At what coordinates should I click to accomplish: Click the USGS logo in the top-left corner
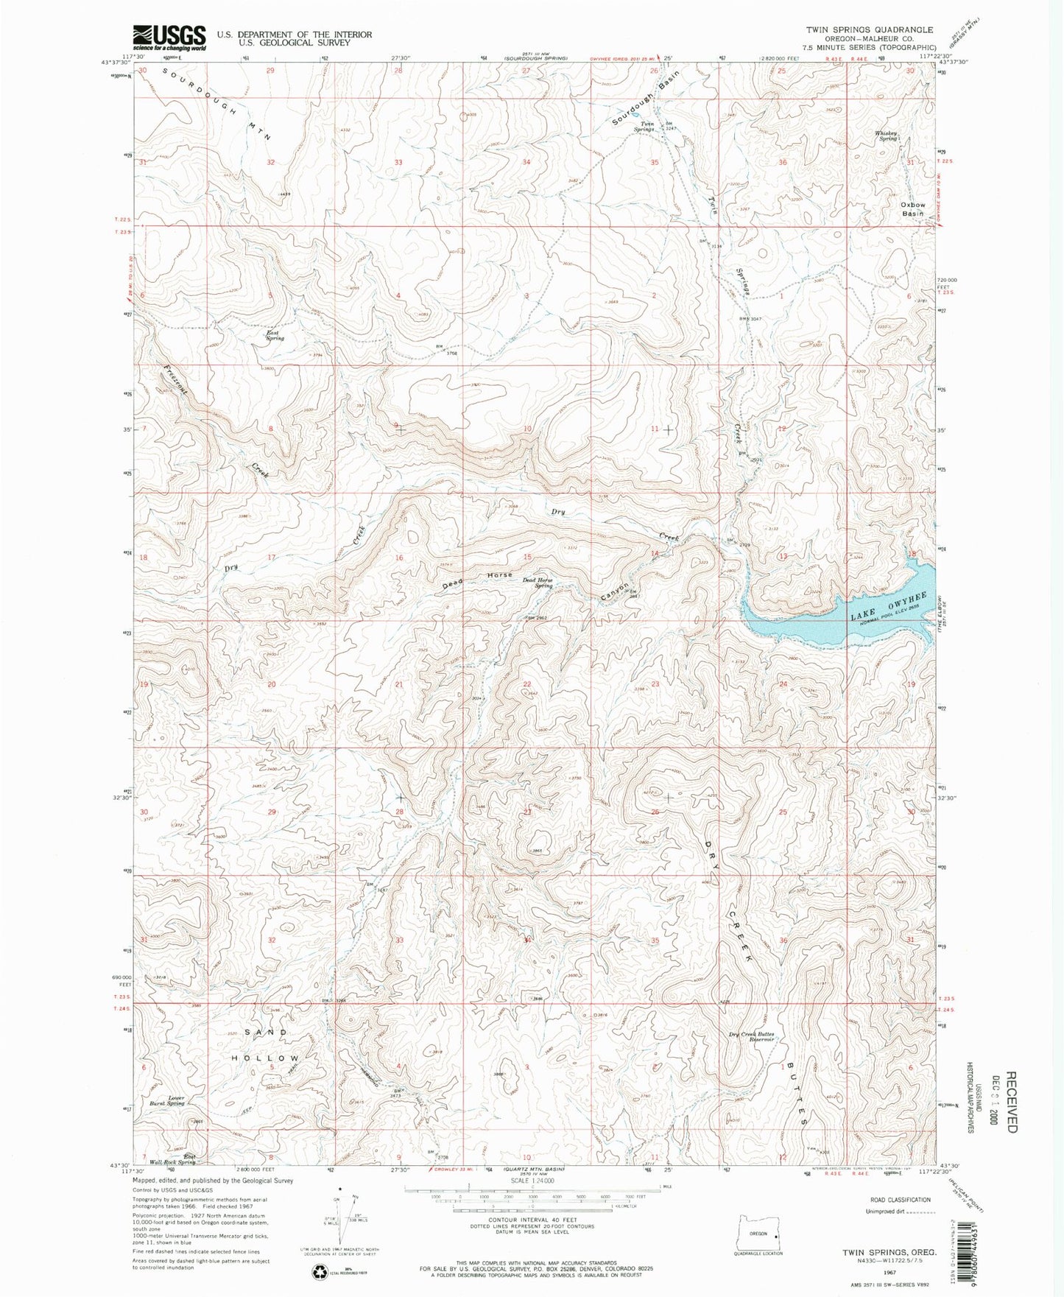(x=169, y=37)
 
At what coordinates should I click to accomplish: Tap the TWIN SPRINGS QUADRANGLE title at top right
(x=869, y=30)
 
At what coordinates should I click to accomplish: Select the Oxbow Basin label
(x=912, y=208)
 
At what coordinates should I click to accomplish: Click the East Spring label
(x=275, y=335)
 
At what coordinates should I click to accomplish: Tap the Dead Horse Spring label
(x=538, y=583)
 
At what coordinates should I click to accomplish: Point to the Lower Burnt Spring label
(x=166, y=1101)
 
